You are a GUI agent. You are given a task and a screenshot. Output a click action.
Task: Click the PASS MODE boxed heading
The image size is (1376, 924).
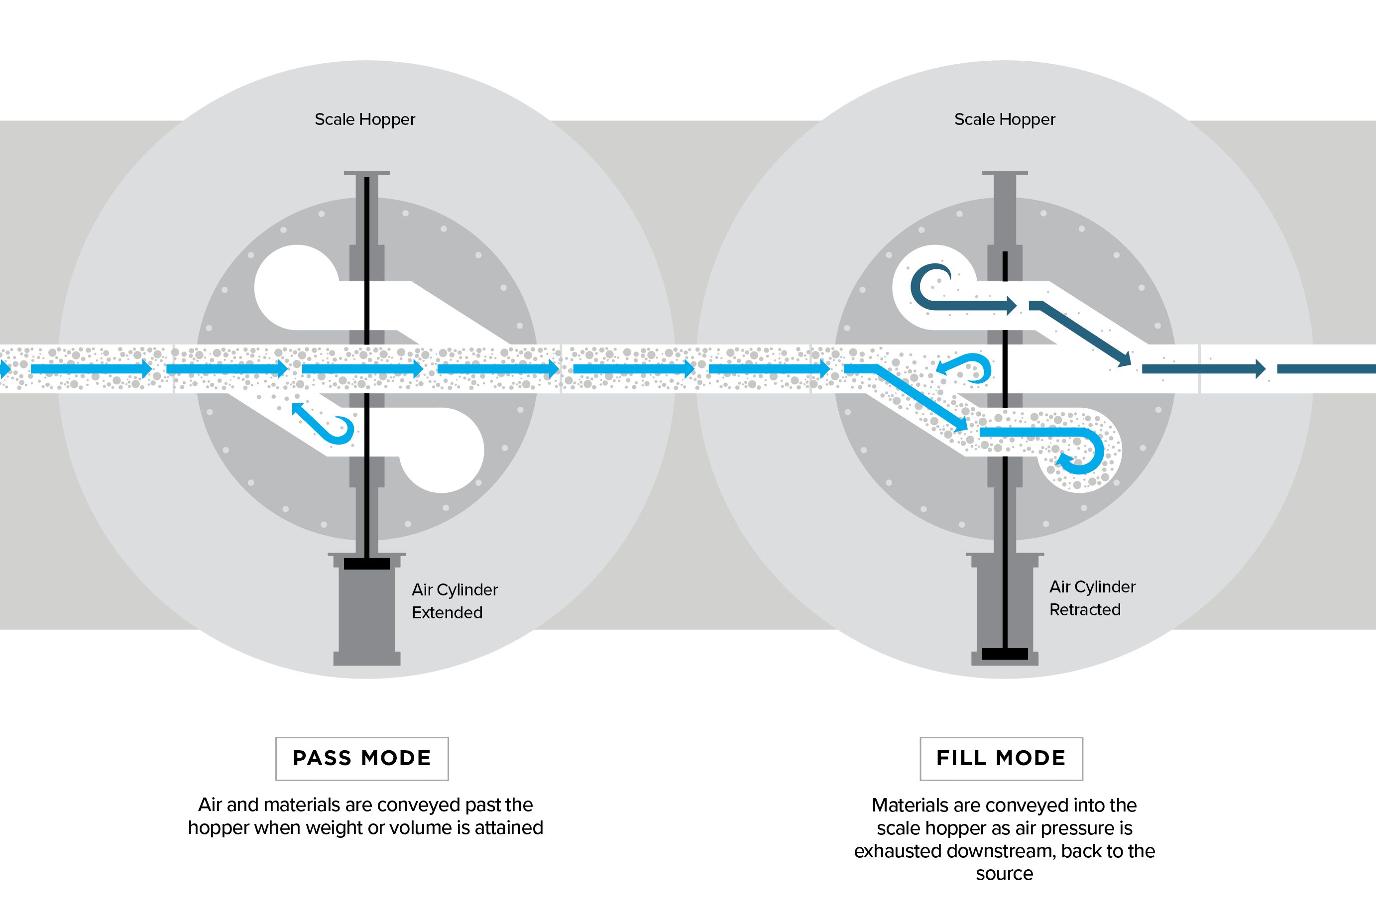coord(362,758)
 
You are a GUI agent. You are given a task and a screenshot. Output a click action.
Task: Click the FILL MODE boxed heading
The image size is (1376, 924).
coord(1001,758)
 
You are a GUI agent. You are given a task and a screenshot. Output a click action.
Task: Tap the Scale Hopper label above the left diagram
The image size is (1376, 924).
coord(365,119)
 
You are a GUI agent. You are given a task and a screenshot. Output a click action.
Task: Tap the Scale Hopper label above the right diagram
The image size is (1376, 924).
coord(1004,119)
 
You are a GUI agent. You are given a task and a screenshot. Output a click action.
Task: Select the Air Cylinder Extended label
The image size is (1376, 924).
coord(455,601)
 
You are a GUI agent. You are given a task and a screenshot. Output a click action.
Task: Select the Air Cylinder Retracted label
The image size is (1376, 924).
coord(1091,598)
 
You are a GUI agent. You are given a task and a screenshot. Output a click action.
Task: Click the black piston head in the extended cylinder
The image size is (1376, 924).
coord(366,564)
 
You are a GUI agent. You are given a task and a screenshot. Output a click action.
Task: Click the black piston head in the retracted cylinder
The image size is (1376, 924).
coord(1005,654)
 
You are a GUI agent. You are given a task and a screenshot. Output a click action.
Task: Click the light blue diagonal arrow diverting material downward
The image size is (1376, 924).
coord(919,398)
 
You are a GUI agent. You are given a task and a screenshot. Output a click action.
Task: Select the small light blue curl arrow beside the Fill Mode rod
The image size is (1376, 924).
coord(966,367)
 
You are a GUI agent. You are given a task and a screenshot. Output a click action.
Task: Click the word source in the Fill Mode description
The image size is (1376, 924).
coord(1004,874)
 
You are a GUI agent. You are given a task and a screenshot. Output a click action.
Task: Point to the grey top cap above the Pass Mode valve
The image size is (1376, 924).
coord(366,173)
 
